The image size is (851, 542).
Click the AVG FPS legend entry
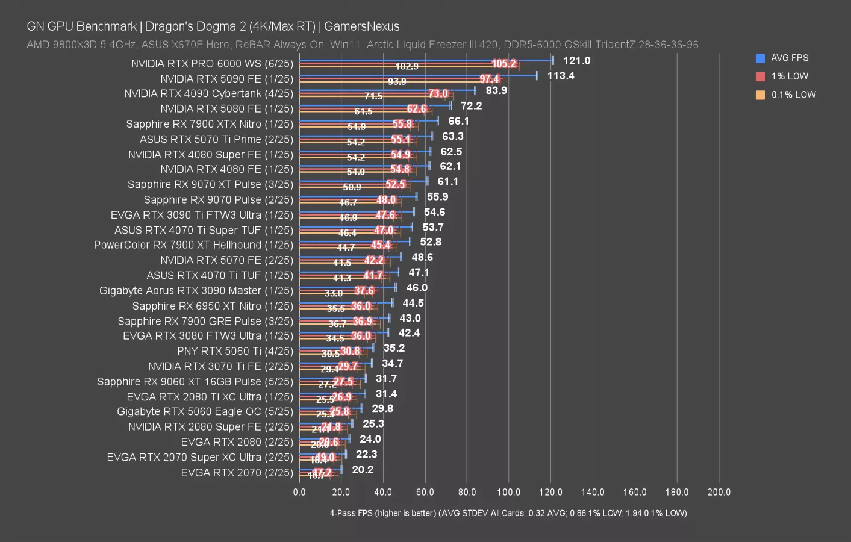pyautogui.click(x=789, y=58)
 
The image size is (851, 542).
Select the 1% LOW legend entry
pyautogui.click(x=789, y=76)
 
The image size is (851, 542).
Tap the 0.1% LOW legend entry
pyautogui.click(x=793, y=95)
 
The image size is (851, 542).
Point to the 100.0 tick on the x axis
pyautogui.click(x=508, y=492)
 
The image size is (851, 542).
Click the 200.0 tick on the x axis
pyautogui.click(x=719, y=492)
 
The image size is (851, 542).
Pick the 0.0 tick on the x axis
pyautogui.click(x=299, y=492)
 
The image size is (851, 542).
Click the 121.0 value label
pyautogui.click(x=576, y=60)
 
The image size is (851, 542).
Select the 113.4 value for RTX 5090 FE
pyautogui.click(x=560, y=76)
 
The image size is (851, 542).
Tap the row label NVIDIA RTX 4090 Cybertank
pyautogui.click(x=208, y=93)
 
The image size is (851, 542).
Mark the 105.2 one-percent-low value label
pyautogui.click(x=503, y=64)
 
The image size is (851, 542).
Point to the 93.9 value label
pyautogui.click(x=397, y=81)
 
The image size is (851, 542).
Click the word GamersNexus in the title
pyautogui.click(x=361, y=26)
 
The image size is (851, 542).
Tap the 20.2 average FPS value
pyautogui.click(x=363, y=470)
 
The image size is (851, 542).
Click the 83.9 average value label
pyautogui.click(x=496, y=90)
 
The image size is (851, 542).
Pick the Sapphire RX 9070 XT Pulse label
pyautogui.click(x=210, y=184)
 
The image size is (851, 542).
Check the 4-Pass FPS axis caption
pyautogui.click(x=508, y=513)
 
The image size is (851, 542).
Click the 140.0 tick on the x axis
pyautogui.click(x=593, y=492)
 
